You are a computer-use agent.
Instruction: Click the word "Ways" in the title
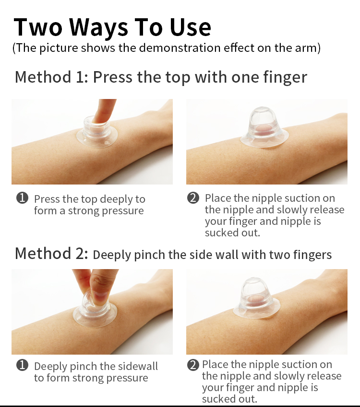[x=98, y=28]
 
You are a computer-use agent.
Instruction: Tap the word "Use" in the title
[x=191, y=27]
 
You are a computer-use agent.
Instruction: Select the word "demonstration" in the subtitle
[x=180, y=48]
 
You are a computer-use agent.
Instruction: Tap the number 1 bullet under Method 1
[x=22, y=198]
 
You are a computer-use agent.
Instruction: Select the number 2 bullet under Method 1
[x=193, y=198]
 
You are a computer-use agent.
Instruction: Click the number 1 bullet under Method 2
[x=22, y=365]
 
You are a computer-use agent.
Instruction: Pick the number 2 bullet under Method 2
[x=193, y=365]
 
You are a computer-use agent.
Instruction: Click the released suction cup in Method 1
[x=264, y=127]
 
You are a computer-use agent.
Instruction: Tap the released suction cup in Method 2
[x=257, y=298]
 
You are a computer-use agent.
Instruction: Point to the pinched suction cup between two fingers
[x=95, y=309]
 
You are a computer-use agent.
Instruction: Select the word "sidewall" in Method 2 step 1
[x=138, y=366]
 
